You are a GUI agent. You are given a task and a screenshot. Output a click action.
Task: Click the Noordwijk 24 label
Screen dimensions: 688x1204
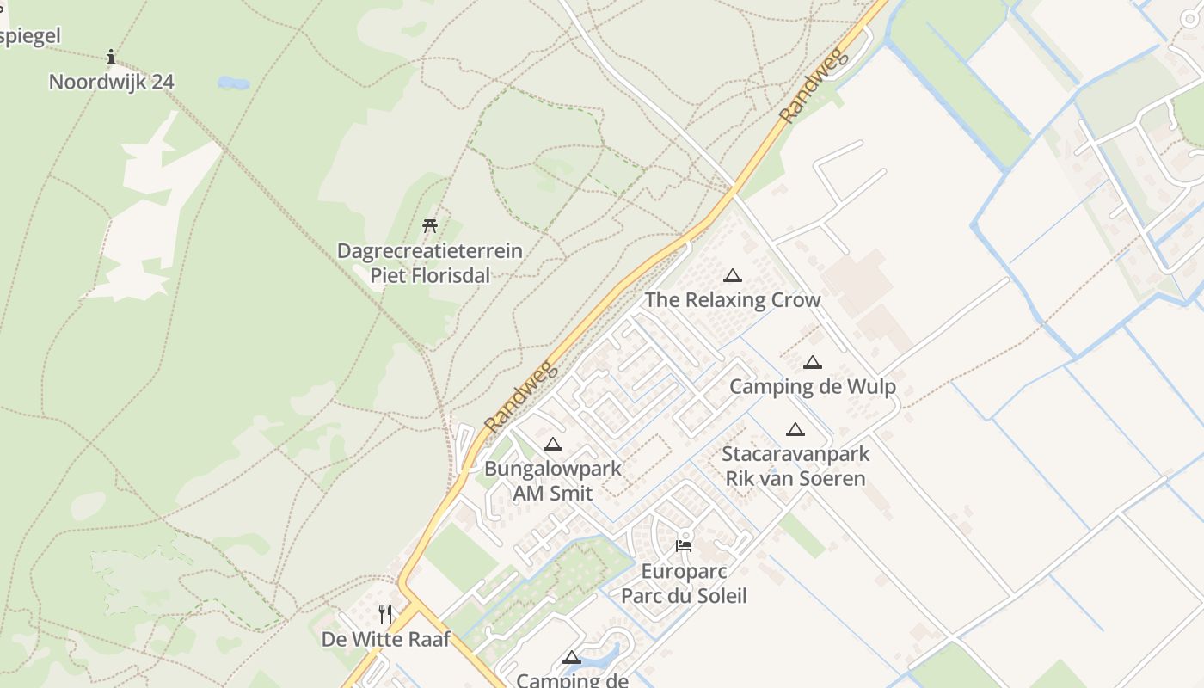[x=111, y=82]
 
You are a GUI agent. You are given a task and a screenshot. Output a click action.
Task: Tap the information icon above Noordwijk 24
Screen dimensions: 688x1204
[x=111, y=58]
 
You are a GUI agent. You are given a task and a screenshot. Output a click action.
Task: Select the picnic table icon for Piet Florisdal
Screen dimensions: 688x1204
[x=430, y=226]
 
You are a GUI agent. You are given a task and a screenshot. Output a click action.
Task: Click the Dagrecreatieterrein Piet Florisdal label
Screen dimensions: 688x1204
[x=430, y=263]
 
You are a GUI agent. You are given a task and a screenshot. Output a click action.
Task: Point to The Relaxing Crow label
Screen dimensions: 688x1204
[x=733, y=300]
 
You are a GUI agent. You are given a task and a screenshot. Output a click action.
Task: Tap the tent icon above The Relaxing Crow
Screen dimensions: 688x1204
[x=733, y=276]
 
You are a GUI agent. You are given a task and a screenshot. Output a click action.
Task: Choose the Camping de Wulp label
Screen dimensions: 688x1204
[x=813, y=387]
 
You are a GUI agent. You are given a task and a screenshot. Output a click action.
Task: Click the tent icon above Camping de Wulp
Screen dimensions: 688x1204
[x=813, y=363]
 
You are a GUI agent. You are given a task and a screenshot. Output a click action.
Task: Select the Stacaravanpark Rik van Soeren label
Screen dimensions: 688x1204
[x=795, y=466]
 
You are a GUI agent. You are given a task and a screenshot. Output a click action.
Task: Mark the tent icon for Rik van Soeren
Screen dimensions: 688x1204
[x=795, y=429]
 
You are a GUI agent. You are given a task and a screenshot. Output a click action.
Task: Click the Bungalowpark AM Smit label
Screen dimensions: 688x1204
[x=553, y=481]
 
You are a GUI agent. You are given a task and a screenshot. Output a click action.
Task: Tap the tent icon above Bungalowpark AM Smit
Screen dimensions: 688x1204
[x=553, y=445]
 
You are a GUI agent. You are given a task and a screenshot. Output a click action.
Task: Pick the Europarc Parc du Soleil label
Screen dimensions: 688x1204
[x=684, y=584]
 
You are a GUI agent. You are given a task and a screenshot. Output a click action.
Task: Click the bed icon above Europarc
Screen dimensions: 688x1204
[x=684, y=545]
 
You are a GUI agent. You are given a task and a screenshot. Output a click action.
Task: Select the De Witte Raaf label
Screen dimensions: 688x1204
[x=386, y=639]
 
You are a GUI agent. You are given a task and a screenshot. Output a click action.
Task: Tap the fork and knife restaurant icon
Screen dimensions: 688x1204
[x=386, y=614]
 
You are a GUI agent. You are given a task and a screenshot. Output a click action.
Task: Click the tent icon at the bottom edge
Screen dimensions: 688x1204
[x=571, y=659]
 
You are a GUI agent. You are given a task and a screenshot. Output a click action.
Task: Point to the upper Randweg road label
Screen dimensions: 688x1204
[x=814, y=84]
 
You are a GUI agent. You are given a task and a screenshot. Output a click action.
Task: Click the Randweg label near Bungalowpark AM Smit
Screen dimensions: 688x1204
[x=521, y=396]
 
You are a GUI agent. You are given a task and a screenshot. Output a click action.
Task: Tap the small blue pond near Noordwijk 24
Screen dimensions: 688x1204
[x=233, y=83]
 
